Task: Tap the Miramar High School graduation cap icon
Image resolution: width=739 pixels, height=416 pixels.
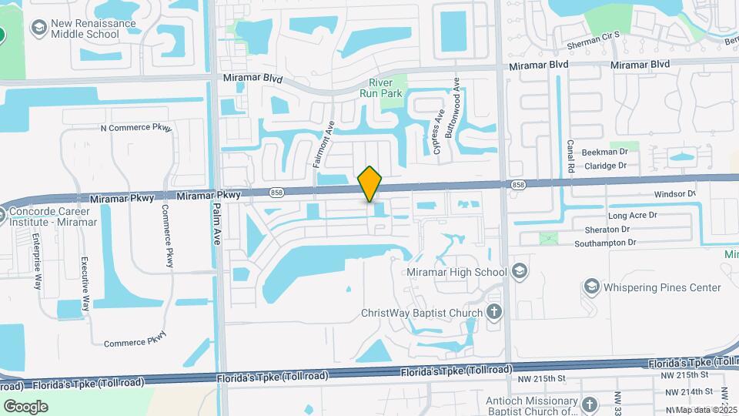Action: pos(520,271)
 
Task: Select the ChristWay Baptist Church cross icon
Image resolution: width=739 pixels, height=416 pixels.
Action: pos(495,313)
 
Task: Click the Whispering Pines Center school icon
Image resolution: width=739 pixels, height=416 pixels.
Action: pos(591,287)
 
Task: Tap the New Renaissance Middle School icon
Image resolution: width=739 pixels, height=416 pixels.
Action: pos(37,29)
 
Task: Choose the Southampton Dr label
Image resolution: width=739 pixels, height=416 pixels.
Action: pos(606,243)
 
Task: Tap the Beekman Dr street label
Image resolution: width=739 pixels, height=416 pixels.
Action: pos(605,153)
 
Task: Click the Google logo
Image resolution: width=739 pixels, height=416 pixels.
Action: pos(25,406)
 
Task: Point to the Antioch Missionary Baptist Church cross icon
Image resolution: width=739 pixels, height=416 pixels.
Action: pos(590,404)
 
